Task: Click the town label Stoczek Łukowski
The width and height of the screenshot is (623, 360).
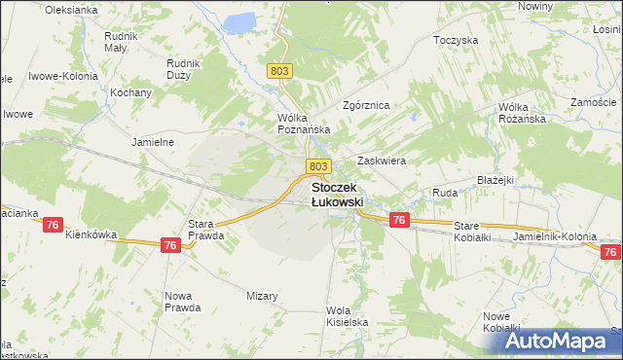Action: [337, 194]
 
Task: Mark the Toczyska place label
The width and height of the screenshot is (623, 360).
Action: [457, 41]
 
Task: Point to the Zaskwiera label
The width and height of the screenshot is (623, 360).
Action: [382, 161]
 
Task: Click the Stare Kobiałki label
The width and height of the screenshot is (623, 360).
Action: [474, 232]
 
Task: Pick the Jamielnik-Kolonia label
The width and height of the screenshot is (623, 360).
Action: [553, 235]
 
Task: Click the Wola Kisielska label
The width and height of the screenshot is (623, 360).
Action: [345, 316]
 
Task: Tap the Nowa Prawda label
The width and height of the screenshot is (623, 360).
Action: [183, 301]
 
